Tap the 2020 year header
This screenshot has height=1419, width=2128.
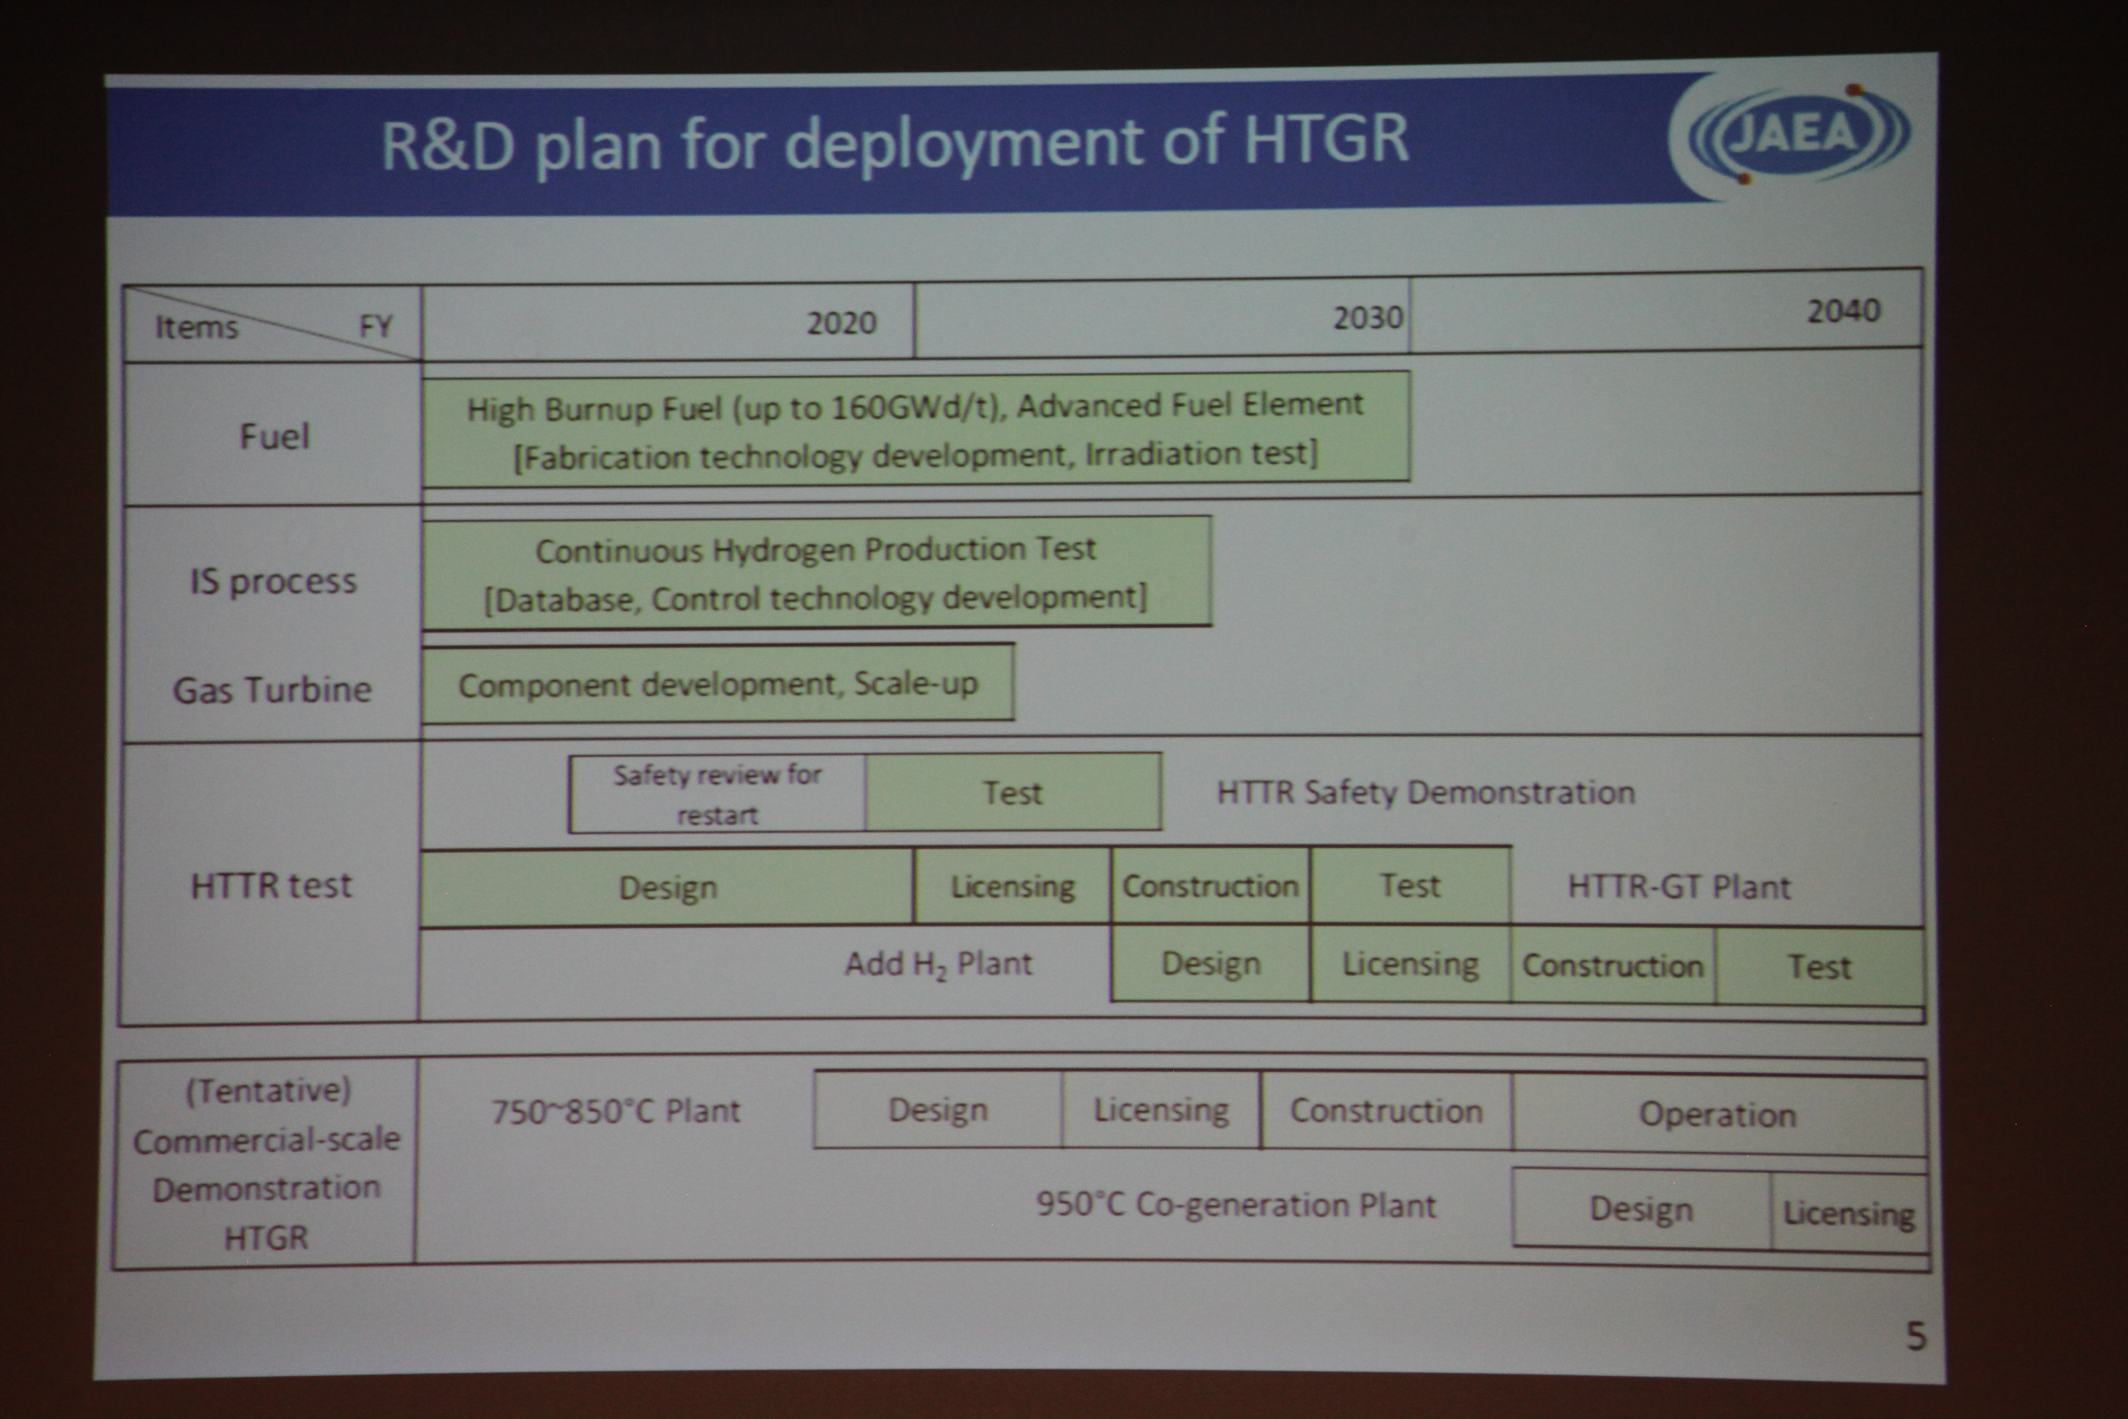point(842,323)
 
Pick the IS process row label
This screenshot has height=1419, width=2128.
point(273,581)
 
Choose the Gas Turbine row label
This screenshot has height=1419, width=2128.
point(272,689)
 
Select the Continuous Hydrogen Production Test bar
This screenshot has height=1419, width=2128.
point(816,572)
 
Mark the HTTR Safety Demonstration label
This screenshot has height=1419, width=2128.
point(1426,793)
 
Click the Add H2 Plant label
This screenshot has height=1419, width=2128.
point(938,965)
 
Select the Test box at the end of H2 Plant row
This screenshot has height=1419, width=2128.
point(1820,966)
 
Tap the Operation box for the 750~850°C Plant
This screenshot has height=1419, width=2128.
point(1718,1115)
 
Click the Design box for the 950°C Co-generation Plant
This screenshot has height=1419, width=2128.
point(1641,1209)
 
